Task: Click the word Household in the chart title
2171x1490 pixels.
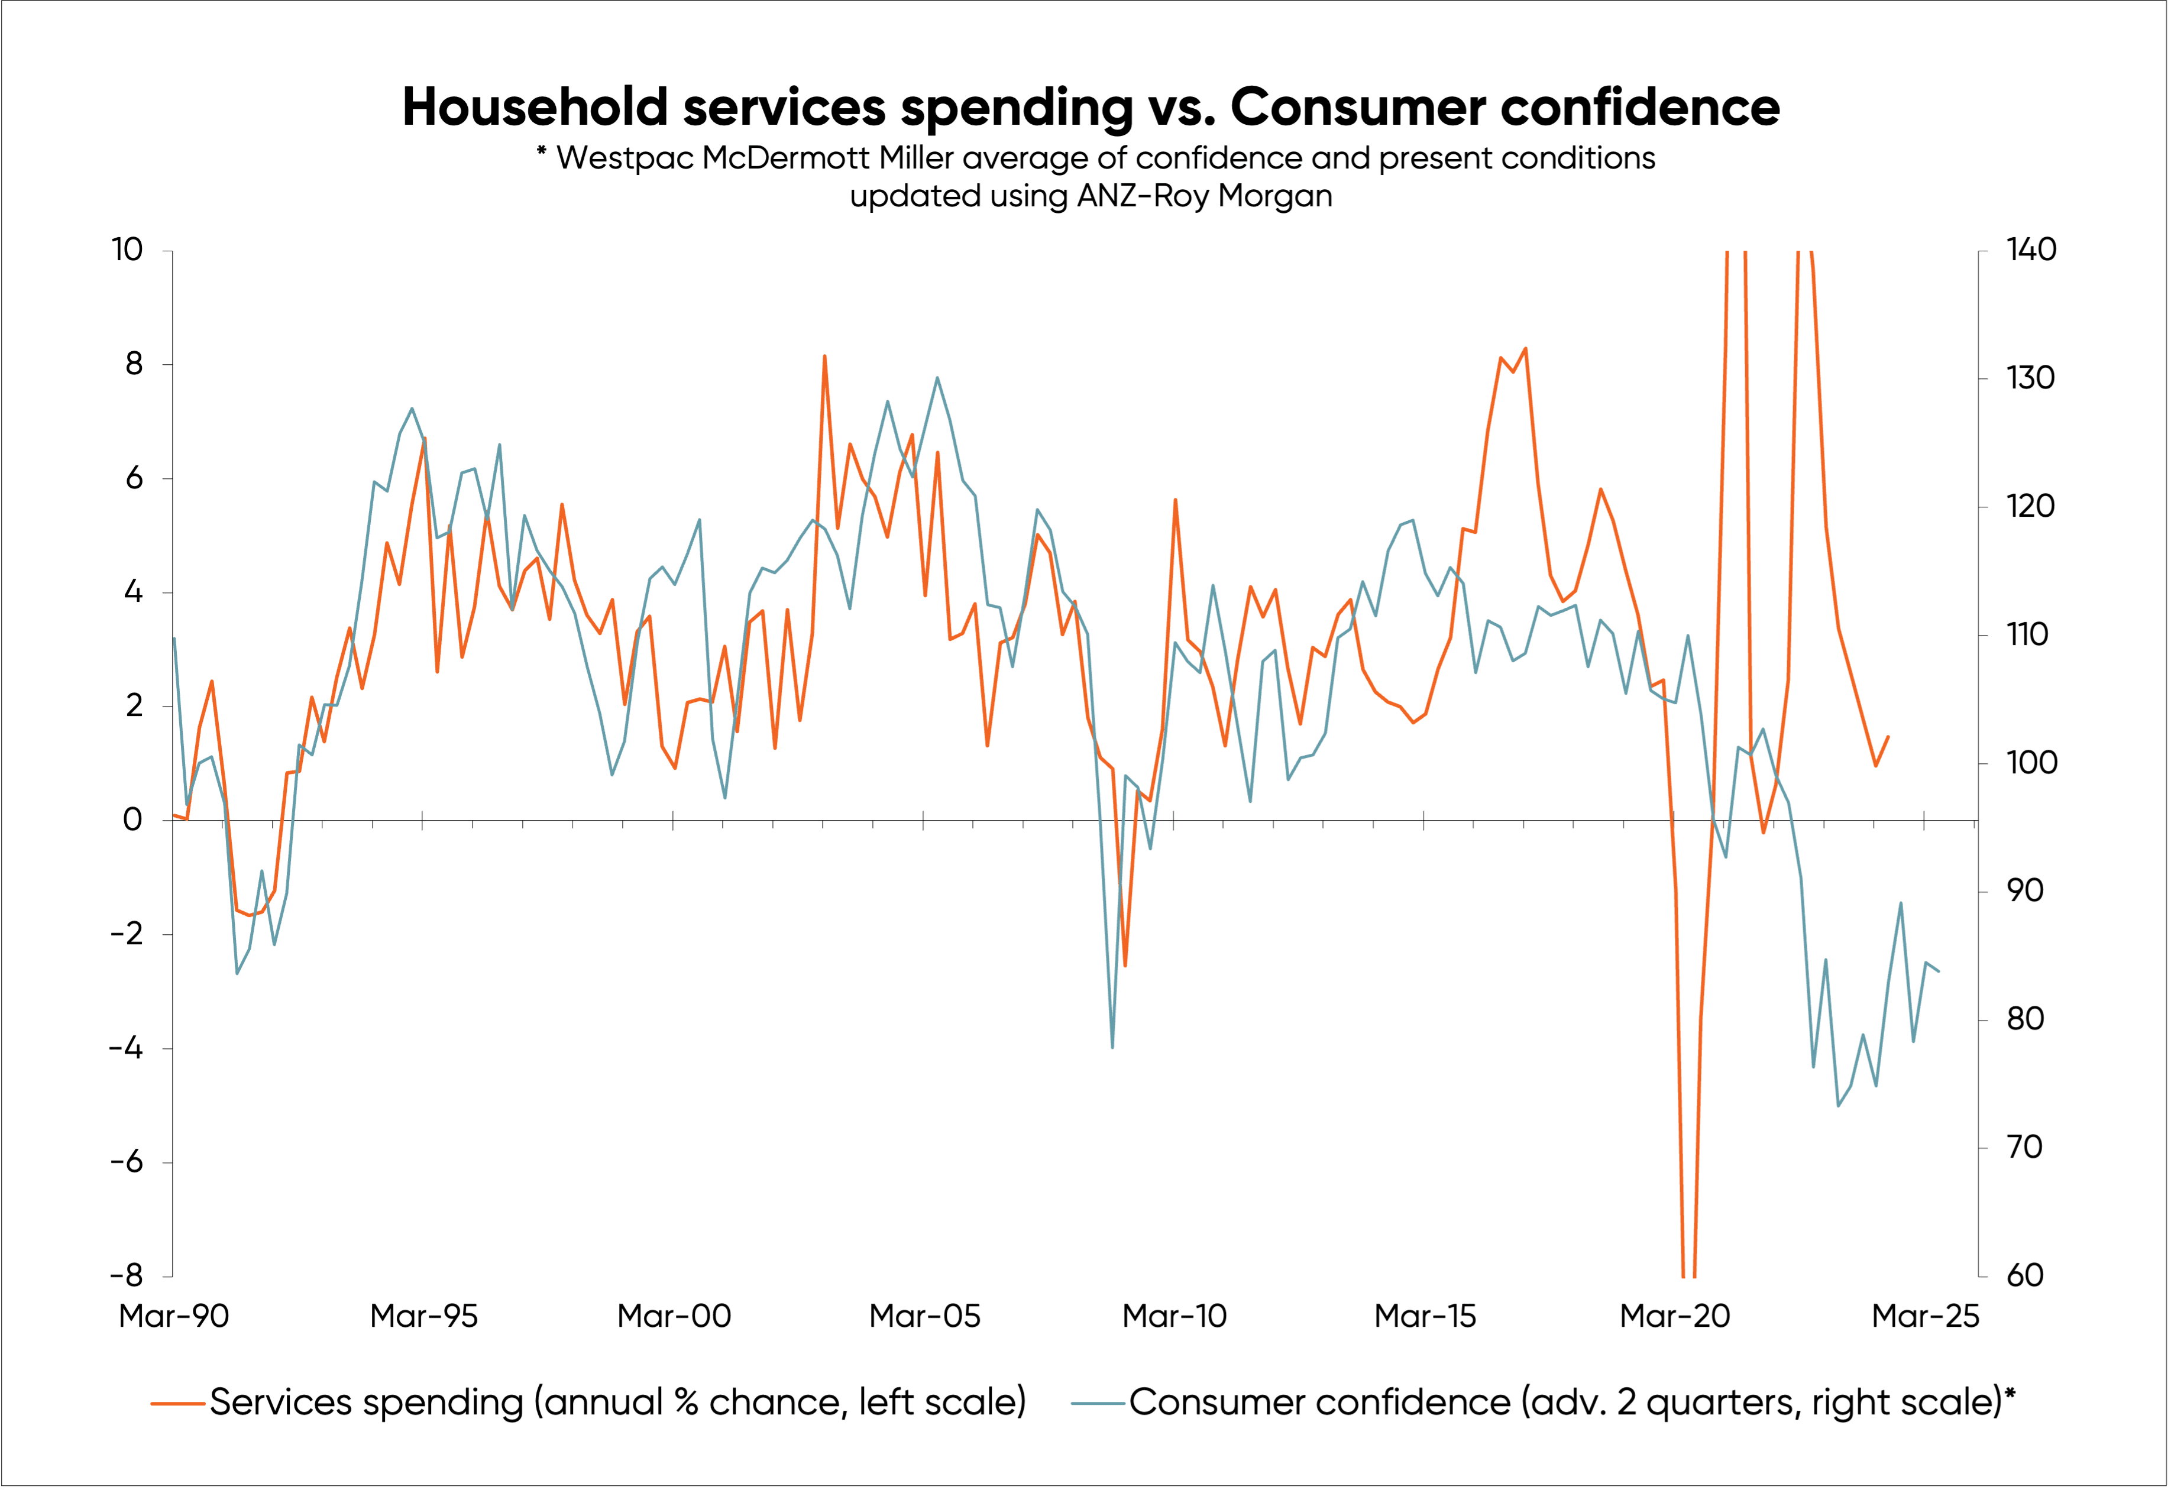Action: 535,108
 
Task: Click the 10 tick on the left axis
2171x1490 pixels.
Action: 127,250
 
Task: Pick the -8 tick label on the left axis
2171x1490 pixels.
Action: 127,1275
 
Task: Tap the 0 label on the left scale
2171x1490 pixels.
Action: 132,820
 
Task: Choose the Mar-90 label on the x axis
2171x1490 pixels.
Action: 174,1316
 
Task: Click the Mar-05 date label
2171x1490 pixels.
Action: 925,1316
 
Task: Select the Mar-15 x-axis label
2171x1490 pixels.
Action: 1425,1316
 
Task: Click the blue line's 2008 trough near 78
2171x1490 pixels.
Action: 1112,1047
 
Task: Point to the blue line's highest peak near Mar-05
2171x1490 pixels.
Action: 937,378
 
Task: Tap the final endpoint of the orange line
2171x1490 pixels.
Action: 1888,737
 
